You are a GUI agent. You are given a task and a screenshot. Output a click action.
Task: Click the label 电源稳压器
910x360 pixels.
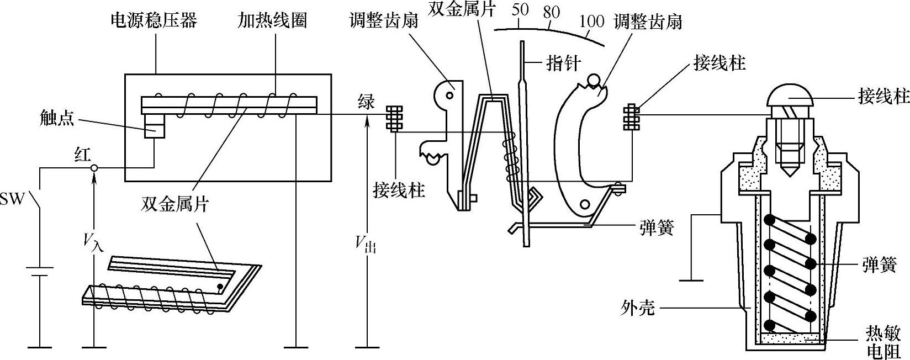pos(154,21)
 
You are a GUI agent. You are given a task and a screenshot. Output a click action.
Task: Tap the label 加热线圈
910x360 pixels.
pos(272,21)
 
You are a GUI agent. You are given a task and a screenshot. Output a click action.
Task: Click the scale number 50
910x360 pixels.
pos(520,10)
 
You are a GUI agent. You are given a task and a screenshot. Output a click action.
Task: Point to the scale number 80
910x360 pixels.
pos(551,13)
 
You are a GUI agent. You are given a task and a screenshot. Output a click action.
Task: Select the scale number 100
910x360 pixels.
pos(591,22)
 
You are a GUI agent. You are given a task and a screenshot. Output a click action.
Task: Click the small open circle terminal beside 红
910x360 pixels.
pos(94,168)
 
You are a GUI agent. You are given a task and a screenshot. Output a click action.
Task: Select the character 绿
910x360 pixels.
pos(366,102)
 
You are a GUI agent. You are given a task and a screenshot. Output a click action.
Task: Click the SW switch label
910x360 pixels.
pos(12,199)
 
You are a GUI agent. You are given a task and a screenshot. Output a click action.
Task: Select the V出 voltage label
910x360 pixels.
pos(366,243)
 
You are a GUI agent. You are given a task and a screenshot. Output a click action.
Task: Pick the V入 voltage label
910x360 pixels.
pos(93,240)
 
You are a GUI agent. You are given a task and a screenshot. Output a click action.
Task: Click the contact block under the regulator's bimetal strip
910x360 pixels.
pos(154,126)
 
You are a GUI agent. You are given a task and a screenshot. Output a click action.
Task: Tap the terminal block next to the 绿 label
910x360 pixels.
pos(394,118)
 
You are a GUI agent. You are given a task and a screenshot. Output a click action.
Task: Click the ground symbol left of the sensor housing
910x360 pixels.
pos(691,280)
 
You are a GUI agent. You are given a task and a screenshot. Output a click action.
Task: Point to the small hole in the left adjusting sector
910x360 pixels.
pos(451,95)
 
